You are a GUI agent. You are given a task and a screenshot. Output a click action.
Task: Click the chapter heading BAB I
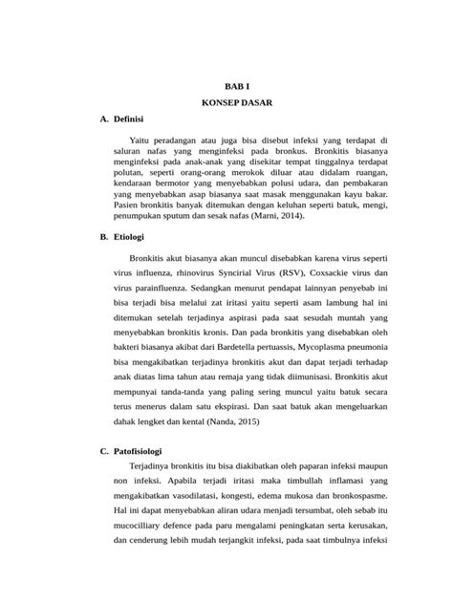coord(226,84)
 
